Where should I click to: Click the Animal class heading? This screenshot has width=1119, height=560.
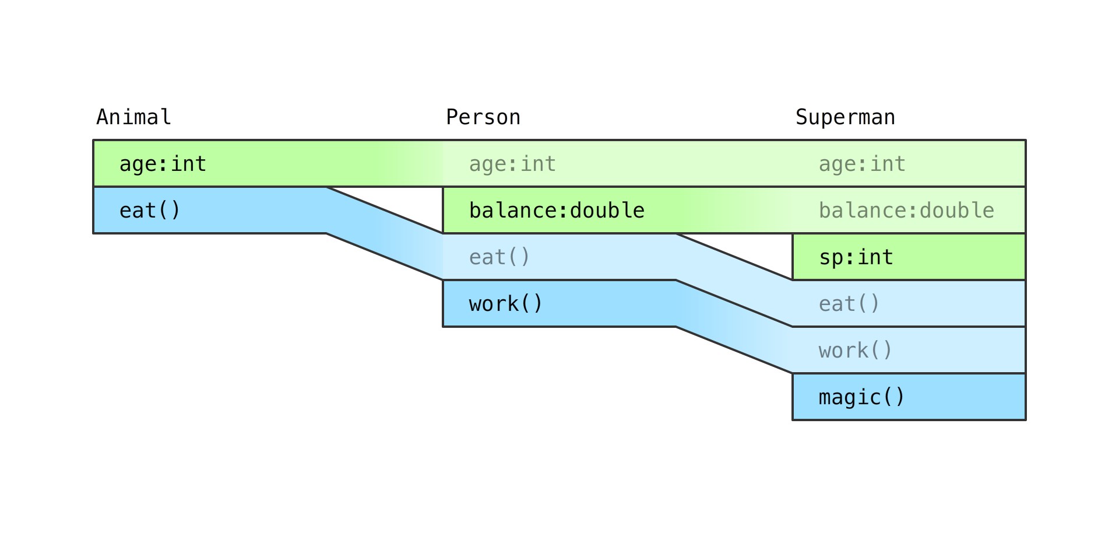click(133, 117)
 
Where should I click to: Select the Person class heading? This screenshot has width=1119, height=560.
click(483, 117)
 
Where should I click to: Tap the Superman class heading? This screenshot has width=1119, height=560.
click(845, 117)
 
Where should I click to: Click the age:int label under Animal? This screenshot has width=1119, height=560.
click(163, 164)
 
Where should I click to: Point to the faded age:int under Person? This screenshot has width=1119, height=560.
click(512, 164)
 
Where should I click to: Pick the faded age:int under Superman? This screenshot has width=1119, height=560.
click(862, 164)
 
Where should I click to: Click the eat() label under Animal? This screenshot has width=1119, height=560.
click(150, 211)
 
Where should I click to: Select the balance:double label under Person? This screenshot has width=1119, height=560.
click(557, 211)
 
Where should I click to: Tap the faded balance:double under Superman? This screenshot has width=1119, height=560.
click(906, 211)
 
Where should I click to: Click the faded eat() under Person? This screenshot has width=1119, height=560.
click(499, 257)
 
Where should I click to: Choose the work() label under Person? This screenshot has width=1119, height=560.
click(505, 304)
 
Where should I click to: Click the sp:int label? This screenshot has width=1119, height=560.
click(856, 257)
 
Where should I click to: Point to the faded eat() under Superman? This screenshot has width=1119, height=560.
click(849, 304)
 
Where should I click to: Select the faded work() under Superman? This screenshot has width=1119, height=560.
click(855, 351)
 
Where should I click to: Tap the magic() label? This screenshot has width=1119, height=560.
click(861, 397)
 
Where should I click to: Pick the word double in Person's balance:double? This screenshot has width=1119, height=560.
click(607, 211)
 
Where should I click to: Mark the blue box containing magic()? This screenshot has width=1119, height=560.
click(909, 397)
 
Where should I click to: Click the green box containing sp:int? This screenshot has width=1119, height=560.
click(909, 257)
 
